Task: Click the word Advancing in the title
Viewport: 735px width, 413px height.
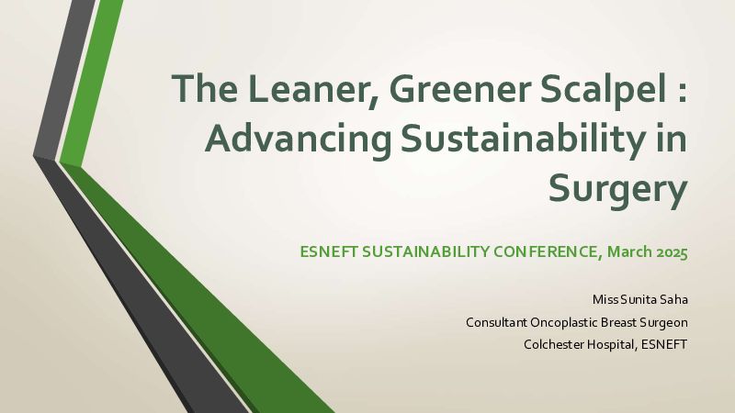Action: [298, 140]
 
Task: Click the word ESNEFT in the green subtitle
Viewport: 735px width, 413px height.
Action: [329, 251]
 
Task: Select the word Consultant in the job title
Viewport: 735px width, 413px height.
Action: [496, 322]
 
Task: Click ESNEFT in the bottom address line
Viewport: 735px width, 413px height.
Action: [663, 345]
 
